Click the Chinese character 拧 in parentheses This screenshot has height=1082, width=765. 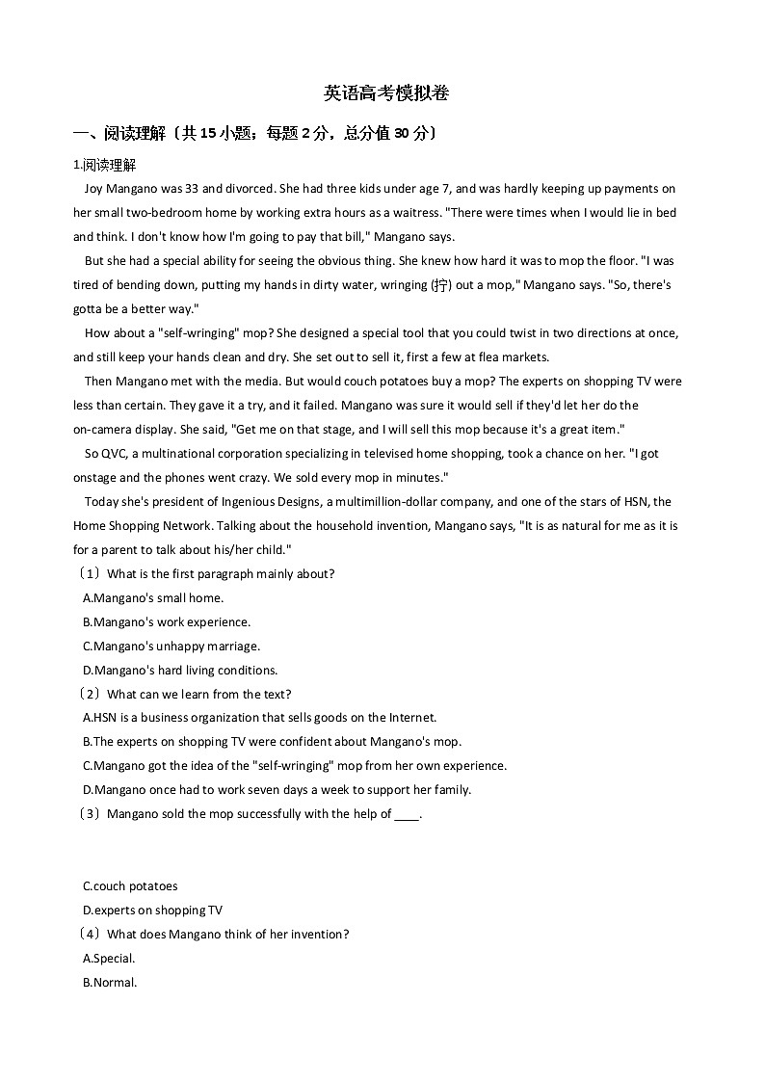pos(440,285)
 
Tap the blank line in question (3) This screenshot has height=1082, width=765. pos(408,815)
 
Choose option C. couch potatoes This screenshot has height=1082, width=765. pos(131,886)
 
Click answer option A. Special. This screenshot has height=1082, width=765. pos(110,959)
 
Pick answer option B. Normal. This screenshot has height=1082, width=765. pos(111,983)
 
